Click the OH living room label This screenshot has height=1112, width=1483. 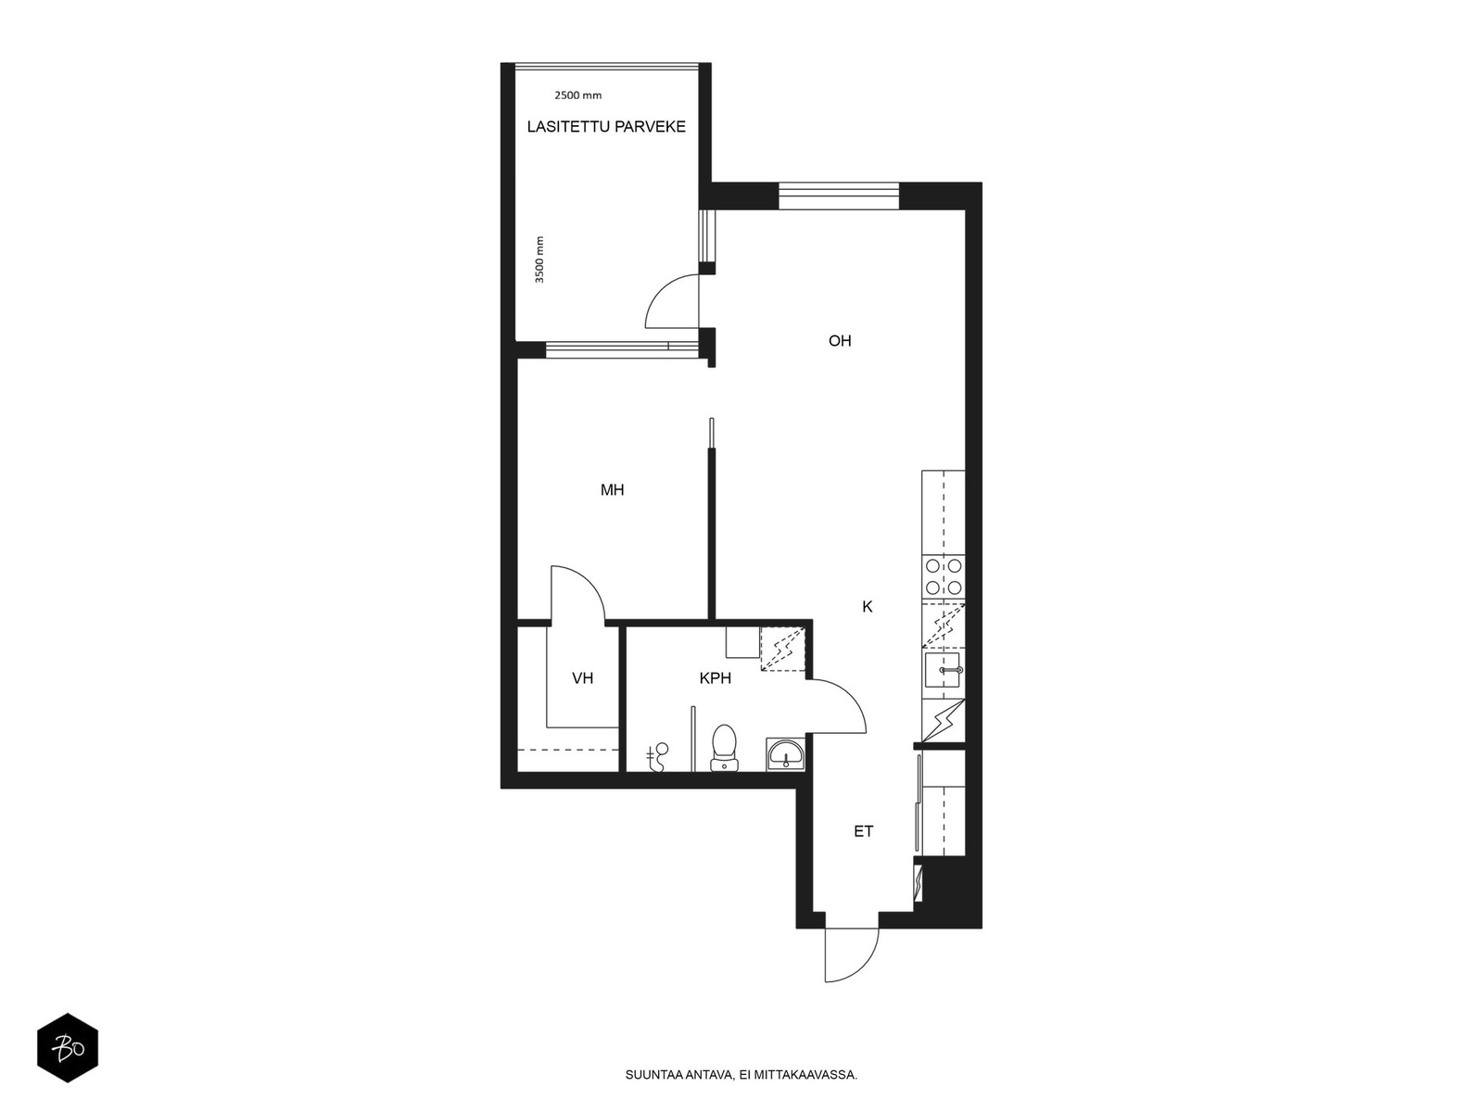pyautogui.click(x=840, y=341)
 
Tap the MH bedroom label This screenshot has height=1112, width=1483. pyautogui.click(x=612, y=490)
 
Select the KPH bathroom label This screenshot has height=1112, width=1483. pyautogui.click(x=716, y=678)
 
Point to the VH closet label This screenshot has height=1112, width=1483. pyautogui.click(x=582, y=678)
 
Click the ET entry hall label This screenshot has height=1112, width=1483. pyautogui.click(x=864, y=832)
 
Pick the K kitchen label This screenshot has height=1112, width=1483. pyautogui.click(x=868, y=607)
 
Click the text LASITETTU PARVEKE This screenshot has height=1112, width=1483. pyautogui.click(x=606, y=127)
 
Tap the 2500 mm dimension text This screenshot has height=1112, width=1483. pyautogui.click(x=577, y=95)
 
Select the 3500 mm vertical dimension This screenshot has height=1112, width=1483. pyautogui.click(x=539, y=259)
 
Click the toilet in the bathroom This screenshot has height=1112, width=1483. pyautogui.click(x=724, y=748)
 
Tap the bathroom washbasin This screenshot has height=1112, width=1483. pyautogui.click(x=786, y=754)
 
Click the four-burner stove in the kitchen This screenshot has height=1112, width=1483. pyautogui.click(x=944, y=576)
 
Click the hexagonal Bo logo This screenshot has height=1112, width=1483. pyautogui.click(x=68, y=1048)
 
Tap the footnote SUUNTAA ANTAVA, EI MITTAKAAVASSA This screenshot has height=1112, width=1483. pyautogui.click(x=741, y=1076)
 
